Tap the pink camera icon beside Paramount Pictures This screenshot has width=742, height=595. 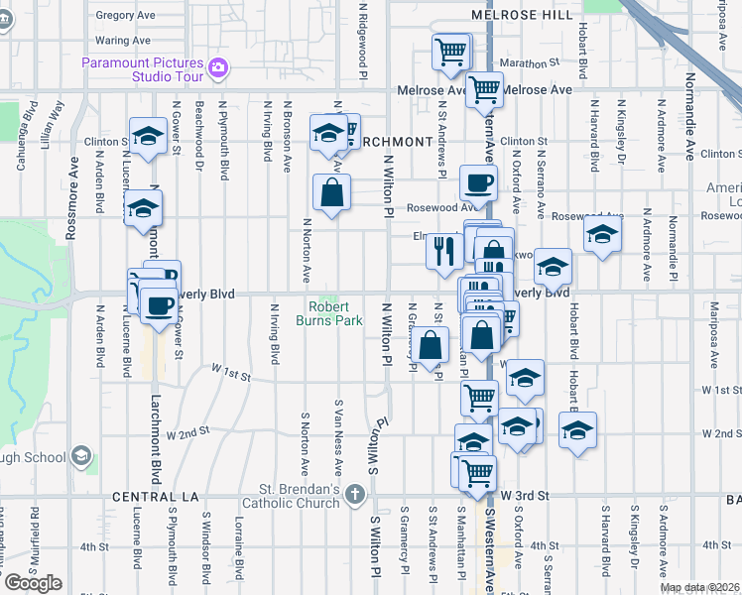click(218, 69)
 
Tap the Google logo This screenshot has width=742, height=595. click(32, 583)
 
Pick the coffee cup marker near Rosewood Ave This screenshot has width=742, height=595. click(479, 183)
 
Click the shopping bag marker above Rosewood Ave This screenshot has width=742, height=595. click(331, 193)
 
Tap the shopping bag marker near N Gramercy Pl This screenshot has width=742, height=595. click(431, 347)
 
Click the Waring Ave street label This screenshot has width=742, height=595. click(122, 41)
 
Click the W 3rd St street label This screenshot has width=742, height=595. click(525, 494)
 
